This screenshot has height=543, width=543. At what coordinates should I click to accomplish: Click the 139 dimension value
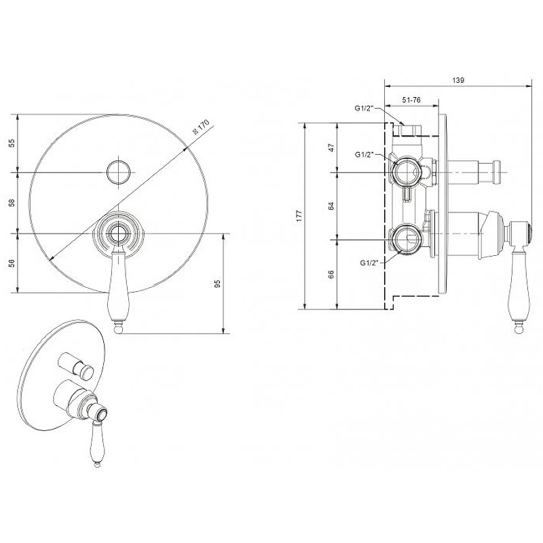pyautogui.click(x=458, y=80)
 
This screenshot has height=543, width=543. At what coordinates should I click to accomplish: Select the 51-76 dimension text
pyautogui.click(x=411, y=100)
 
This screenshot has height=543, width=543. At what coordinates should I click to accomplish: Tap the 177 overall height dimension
pyautogui.click(x=299, y=216)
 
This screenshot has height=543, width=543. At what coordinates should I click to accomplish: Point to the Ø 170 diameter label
pyautogui.click(x=201, y=127)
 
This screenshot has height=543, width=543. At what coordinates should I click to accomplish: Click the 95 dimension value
pyautogui.click(x=217, y=284)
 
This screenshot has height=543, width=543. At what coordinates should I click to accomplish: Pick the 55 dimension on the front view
pyautogui.click(x=12, y=143)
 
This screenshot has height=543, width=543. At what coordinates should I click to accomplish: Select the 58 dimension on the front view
pyautogui.click(x=12, y=202)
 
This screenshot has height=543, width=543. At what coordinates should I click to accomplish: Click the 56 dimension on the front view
pyautogui.click(x=12, y=263)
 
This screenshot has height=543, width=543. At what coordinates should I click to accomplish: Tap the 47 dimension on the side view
pyautogui.click(x=331, y=147)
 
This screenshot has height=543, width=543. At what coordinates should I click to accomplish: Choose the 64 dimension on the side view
pyautogui.click(x=331, y=206)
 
